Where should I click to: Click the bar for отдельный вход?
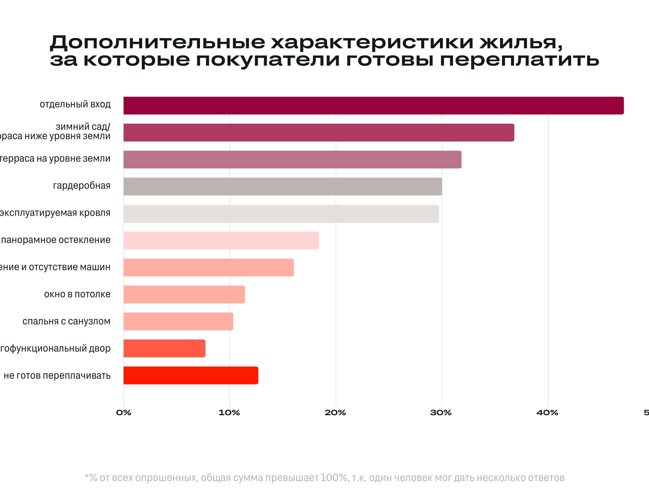(373, 105)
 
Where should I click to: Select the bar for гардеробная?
(282, 187)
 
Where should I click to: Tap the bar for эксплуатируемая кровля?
(281, 214)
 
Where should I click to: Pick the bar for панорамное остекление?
(221, 240)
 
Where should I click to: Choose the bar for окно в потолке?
(184, 294)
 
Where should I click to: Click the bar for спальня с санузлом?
(178, 321)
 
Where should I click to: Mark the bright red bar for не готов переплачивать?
(191, 376)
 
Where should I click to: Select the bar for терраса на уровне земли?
(292, 159)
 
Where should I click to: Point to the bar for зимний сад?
(319, 132)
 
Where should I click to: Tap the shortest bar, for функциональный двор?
(164, 348)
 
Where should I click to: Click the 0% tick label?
(124, 413)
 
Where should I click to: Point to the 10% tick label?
(229, 413)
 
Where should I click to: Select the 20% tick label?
(335, 413)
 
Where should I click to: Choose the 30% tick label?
(441, 413)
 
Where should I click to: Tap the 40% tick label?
(547, 413)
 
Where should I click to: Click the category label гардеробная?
(81, 186)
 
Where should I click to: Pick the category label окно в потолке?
(77, 294)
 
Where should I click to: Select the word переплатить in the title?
(519, 60)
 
